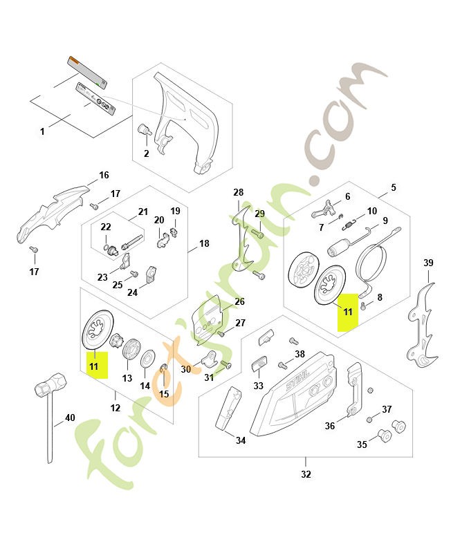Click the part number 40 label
[x=70, y=418]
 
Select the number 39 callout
[x=428, y=263]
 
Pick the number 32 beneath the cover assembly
[x=306, y=475]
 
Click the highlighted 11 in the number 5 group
[x=347, y=312]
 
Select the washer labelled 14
[x=147, y=359]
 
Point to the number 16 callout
[x=104, y=175]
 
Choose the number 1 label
[x=42, y=131]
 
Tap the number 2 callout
[x=146, y=153]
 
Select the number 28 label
[x=239, y=192]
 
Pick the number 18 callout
[x=204, y=243]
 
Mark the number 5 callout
[x=394, y=187]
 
